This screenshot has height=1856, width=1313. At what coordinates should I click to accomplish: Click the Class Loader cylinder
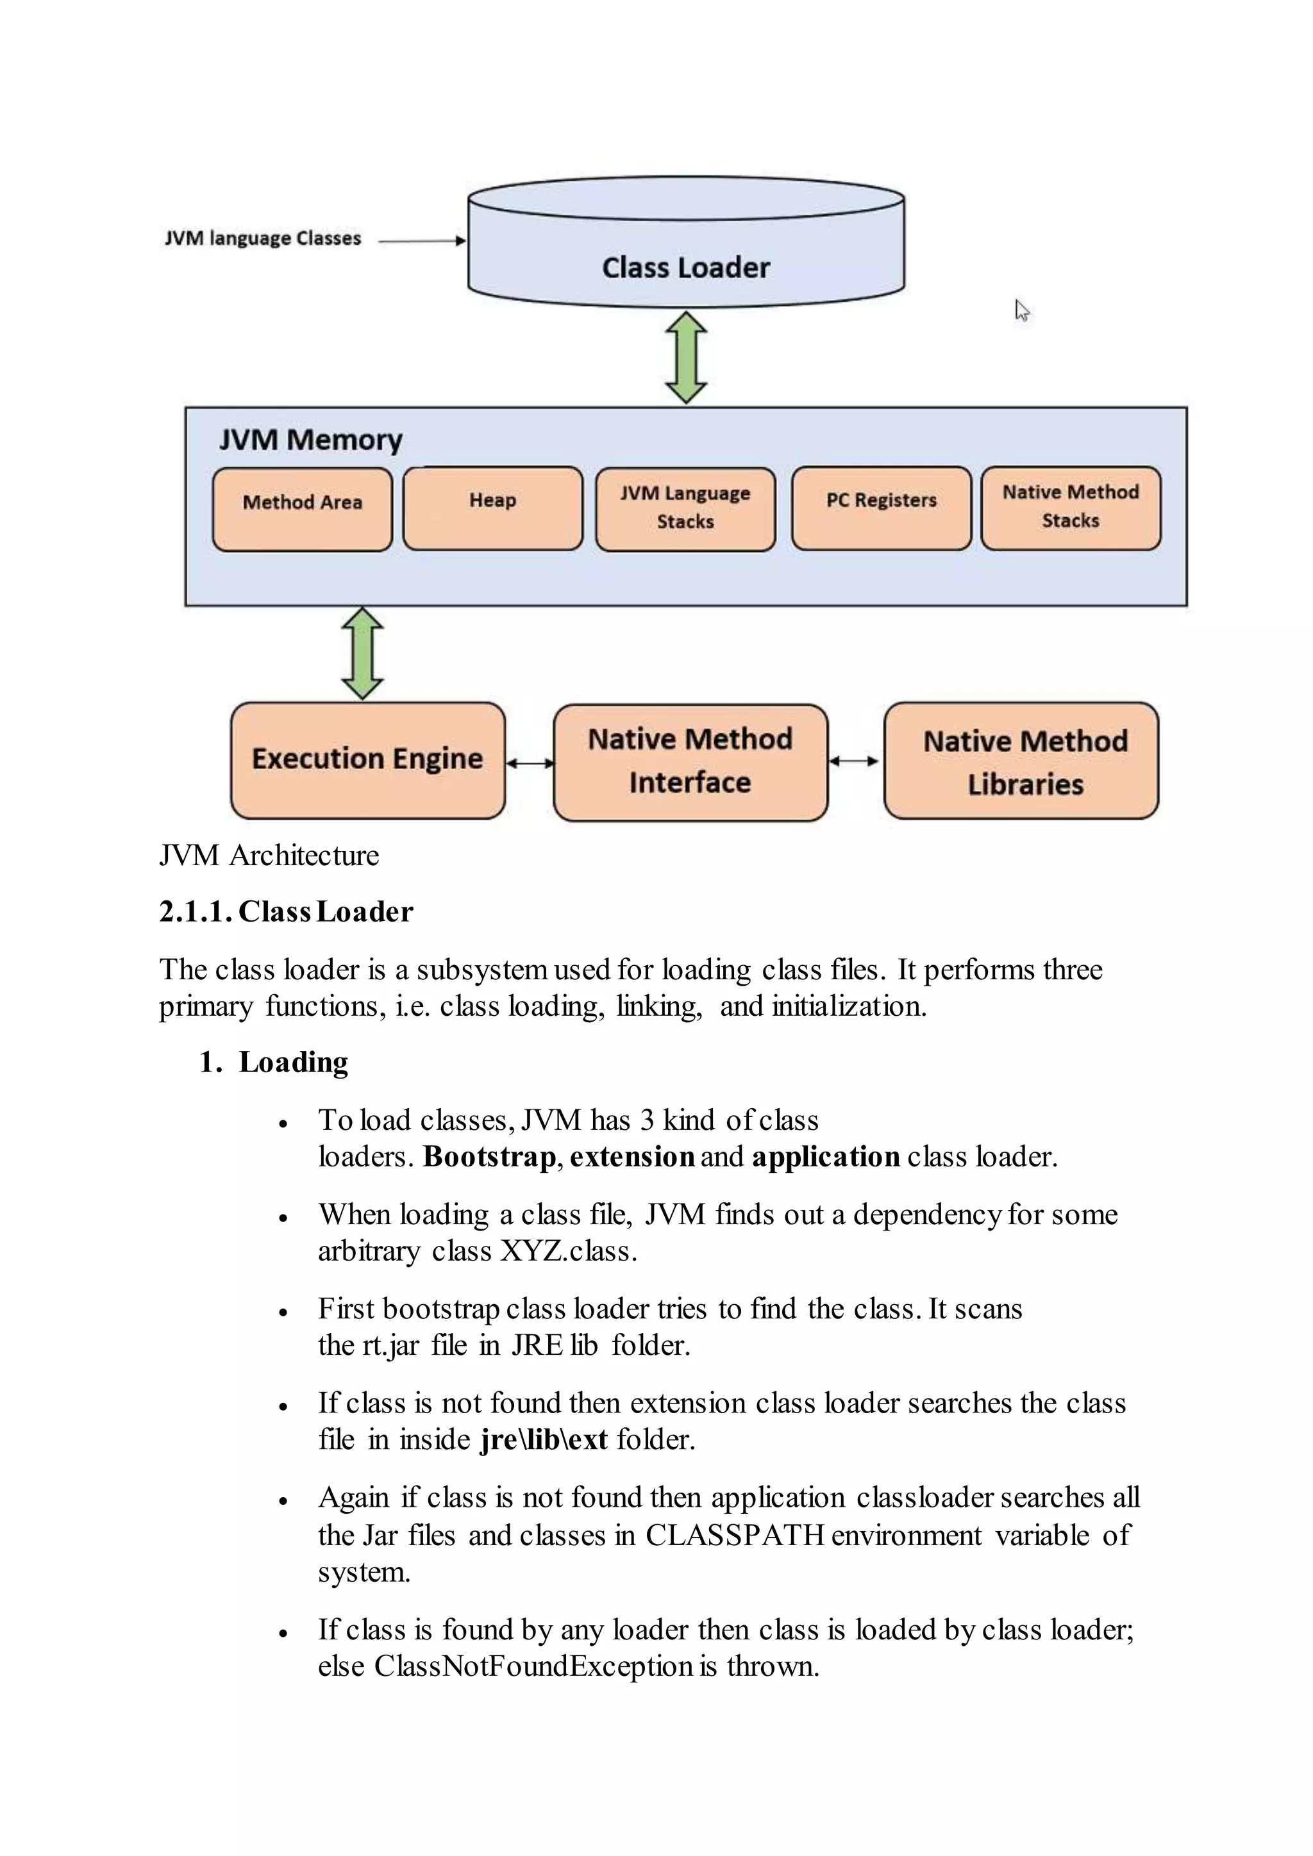685,251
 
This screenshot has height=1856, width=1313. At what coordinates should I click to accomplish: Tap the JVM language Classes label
263,238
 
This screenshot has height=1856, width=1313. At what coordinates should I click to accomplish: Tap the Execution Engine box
367,760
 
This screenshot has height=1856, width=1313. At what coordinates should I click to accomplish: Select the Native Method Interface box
690,761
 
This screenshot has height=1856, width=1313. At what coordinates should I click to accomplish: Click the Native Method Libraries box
1021,761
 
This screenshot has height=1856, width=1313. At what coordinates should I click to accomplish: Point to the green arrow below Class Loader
685,358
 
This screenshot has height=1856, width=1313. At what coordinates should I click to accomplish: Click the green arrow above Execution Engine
362,653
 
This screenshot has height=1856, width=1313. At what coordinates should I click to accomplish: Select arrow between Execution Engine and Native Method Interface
530,762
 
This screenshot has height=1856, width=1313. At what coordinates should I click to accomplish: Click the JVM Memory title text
310,440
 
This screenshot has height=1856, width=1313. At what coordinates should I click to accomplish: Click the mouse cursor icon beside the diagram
1022,310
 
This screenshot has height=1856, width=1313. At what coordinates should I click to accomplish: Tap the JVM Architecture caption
269,855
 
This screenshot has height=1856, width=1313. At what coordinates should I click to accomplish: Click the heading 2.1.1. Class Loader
286,912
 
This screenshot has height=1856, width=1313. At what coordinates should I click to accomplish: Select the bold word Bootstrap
489,1157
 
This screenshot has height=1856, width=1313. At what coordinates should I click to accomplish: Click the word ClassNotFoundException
533,1666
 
